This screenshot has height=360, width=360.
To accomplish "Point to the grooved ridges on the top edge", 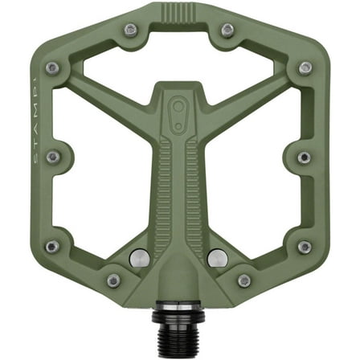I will point(180,14).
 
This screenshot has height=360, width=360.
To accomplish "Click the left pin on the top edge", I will point(131,30).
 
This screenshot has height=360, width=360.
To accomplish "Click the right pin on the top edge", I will point(228,30).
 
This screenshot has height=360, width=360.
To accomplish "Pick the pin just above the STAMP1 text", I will point(53,68).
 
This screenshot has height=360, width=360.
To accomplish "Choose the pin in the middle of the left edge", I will point(53,157).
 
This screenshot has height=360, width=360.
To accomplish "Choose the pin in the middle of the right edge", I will point(305,157).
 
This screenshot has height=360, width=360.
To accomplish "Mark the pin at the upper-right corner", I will point(305,68).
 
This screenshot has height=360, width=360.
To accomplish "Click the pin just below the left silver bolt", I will point(113,280).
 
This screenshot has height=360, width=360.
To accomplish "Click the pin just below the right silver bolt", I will point(244,280).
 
